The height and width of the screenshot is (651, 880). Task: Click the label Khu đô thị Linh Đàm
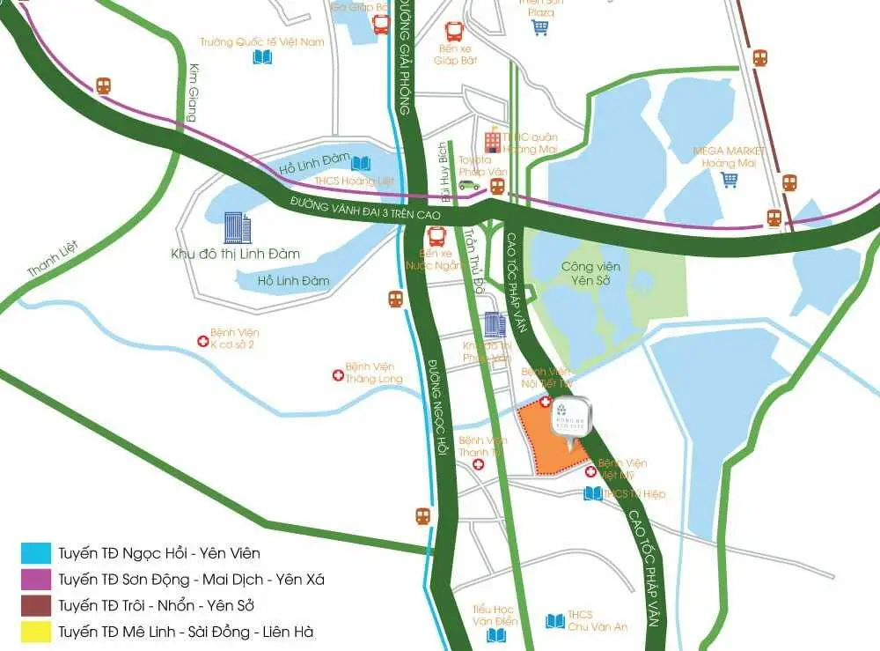[x=235, y=254]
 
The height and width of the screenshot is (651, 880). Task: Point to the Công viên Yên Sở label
[x=590, y=273]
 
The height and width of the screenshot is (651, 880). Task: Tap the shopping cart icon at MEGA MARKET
[x=730, y=180]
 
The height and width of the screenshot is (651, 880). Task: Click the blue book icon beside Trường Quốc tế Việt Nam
[x=262, y=57]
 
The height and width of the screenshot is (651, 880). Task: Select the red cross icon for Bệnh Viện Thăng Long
[x=336, y=375]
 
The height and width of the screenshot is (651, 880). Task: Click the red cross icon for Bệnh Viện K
[x=202, y=338]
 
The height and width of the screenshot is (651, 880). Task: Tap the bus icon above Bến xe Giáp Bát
[x=455, y=32]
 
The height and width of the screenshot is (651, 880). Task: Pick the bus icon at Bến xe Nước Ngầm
[x=436, y=236]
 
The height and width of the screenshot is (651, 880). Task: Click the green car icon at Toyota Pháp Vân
[x=468, y=185]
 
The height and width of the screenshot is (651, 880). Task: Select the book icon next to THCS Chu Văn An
[x=554, y=621]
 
